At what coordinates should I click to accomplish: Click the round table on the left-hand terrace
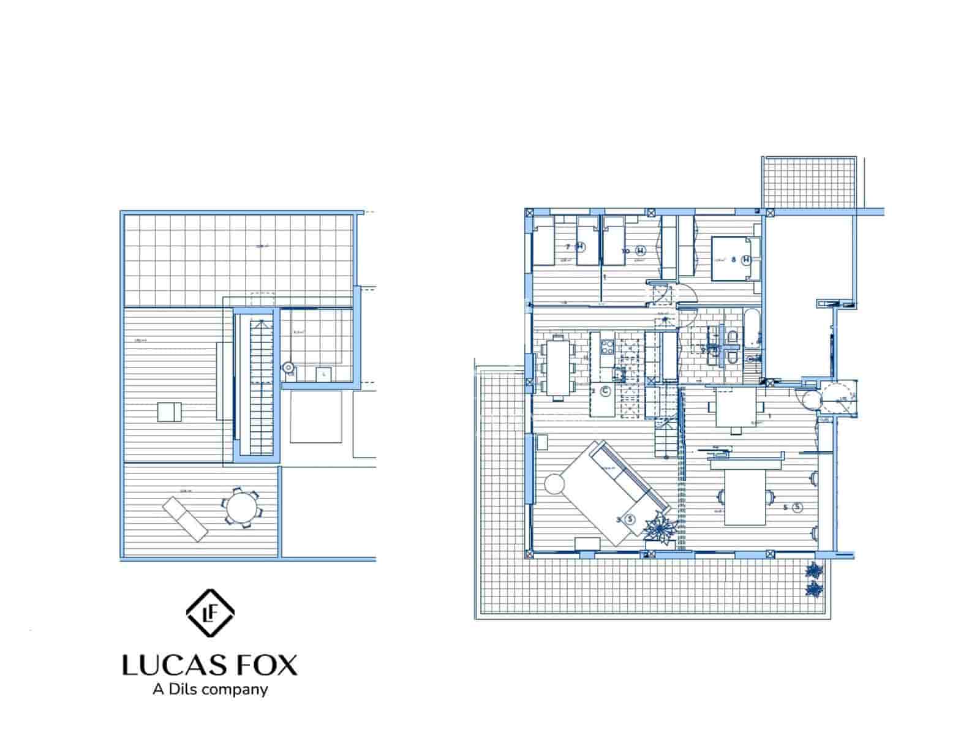(x=240, y=506)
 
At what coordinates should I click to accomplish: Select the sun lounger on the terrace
(x=185, y=519)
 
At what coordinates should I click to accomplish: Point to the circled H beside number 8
(x=746, y=260)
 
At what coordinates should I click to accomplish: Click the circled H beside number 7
(x=581, y=247)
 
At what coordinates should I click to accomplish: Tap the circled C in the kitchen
(x=605, y=391)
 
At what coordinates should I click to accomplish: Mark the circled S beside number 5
(x=797, y=507)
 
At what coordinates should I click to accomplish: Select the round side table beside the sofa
(x=554, y=484)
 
